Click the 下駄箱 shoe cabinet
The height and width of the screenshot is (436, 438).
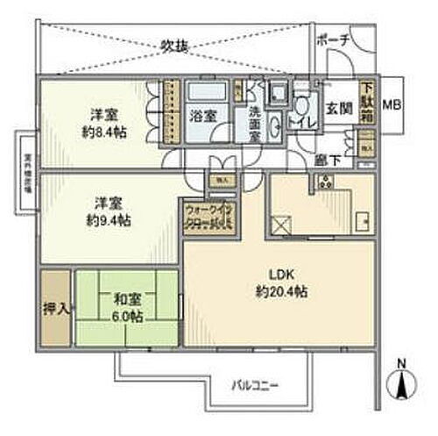click(367, 100)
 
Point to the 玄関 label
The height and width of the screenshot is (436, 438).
click(338, 109)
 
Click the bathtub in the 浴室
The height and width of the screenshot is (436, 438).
click(208, 91)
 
